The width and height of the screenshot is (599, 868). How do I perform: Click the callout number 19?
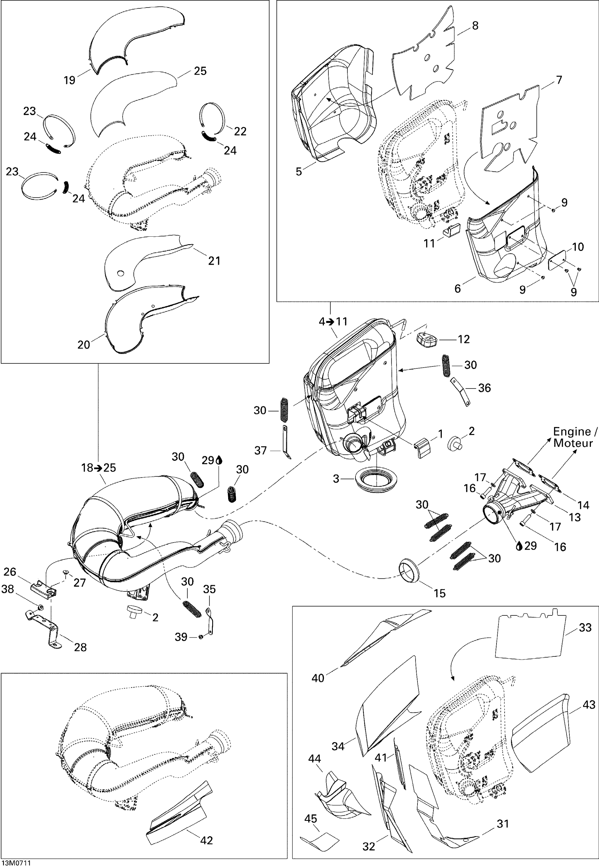69,80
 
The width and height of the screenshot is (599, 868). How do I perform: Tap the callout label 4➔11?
333,321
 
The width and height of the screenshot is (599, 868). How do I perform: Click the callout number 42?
206,840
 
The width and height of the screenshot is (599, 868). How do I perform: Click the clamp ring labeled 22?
212,116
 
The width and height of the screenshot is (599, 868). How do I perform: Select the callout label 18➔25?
99,468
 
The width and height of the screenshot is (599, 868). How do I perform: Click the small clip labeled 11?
452,231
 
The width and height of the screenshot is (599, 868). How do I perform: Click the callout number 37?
261,450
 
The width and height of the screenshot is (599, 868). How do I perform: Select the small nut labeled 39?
201,637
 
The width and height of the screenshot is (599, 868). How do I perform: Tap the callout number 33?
585,627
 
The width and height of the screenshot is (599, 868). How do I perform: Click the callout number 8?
475,25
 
